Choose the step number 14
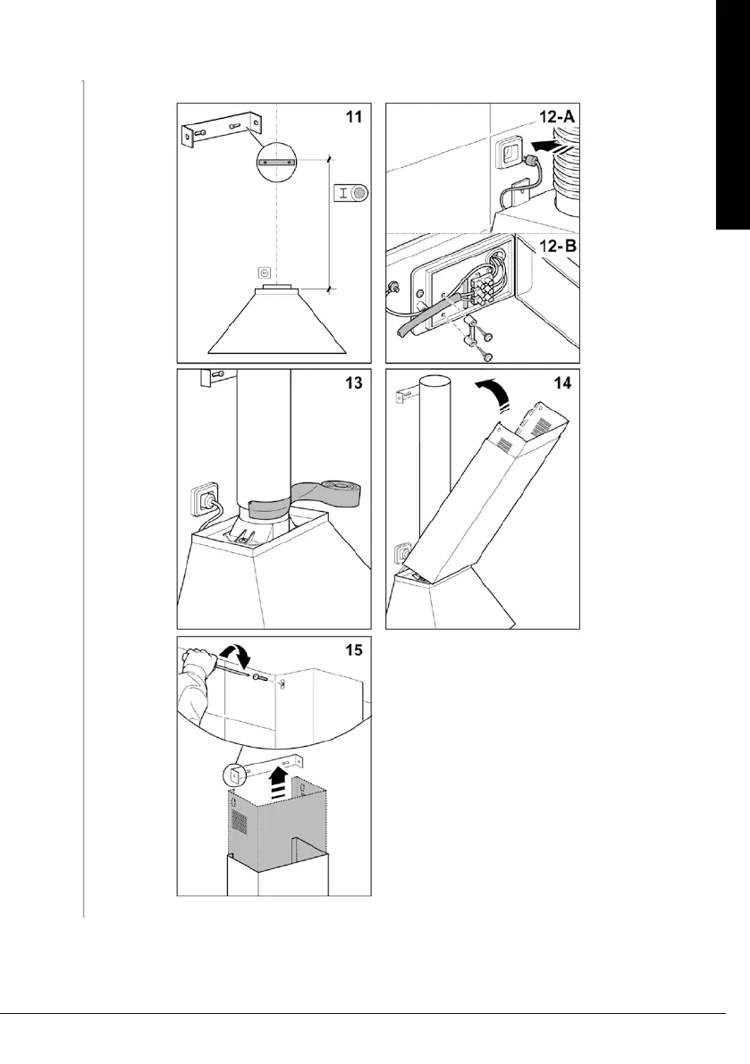560,383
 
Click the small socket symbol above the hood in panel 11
264,272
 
